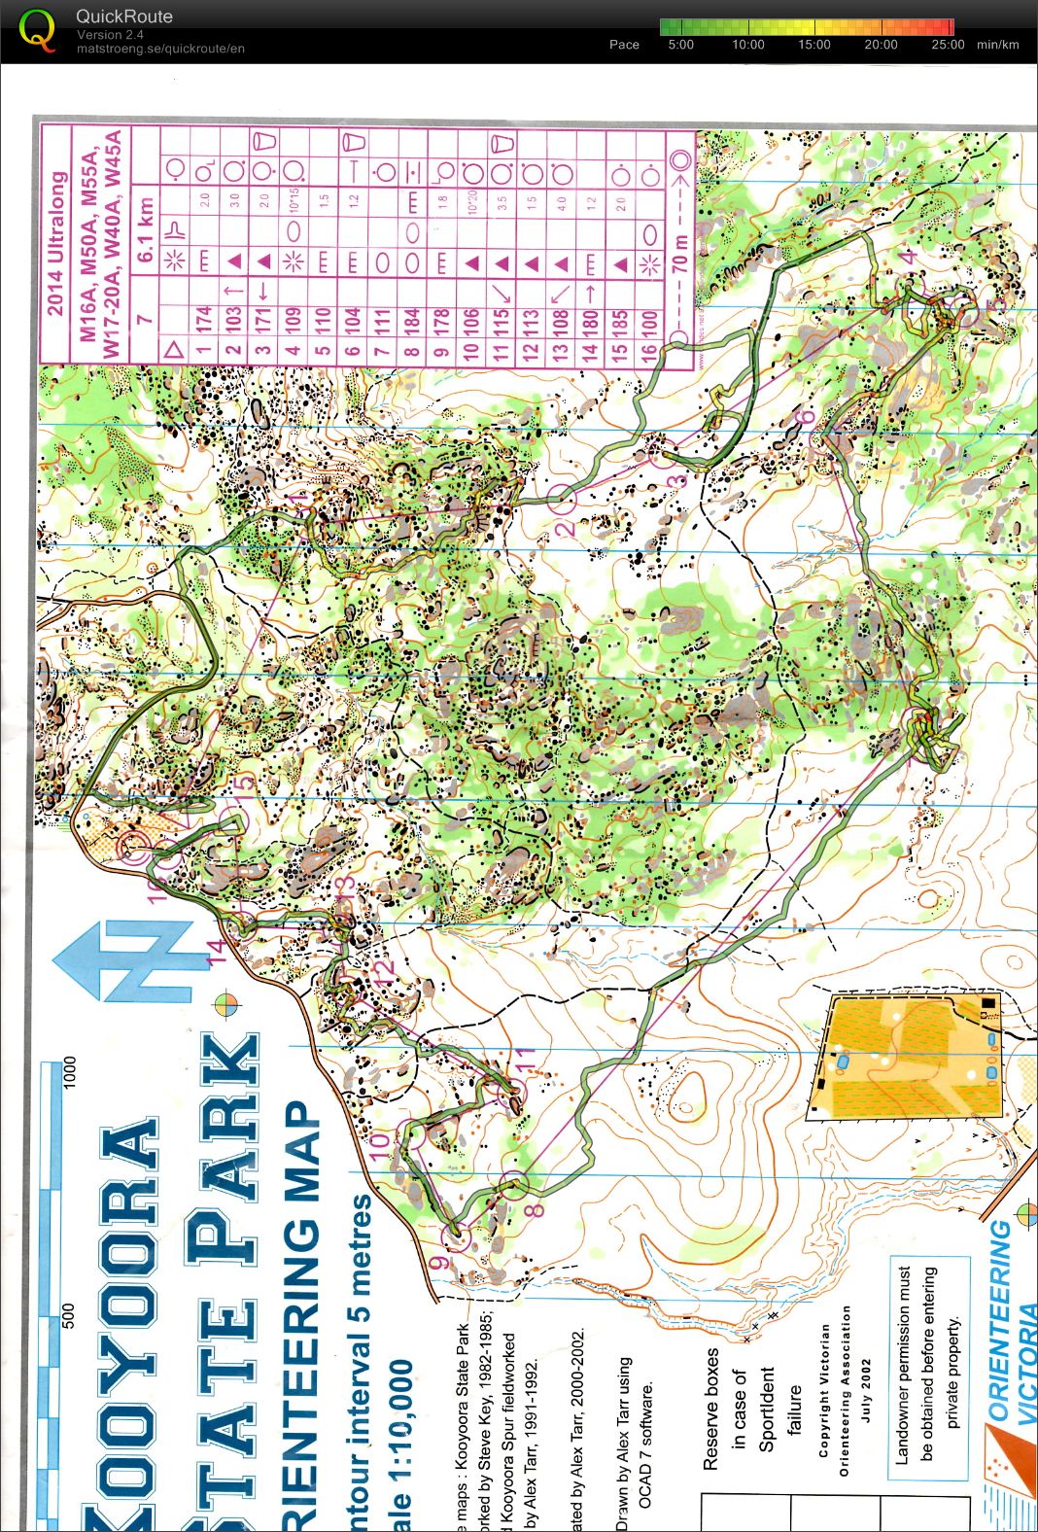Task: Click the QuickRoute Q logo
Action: click(37, 29)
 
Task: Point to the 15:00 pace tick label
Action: click(814, 45)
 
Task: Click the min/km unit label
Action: click(998, 45)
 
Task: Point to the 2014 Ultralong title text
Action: click(56, 243)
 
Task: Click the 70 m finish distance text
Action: click(680, 255)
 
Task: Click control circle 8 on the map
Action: click(516, 1183)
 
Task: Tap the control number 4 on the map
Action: click(909, 258)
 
